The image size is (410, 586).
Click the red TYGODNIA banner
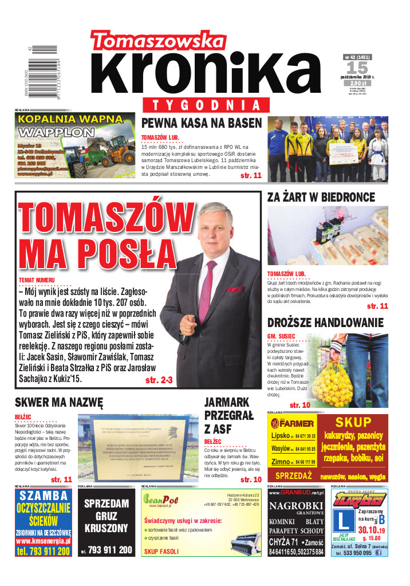[203, 105]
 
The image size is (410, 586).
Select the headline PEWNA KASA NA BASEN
[201, 123]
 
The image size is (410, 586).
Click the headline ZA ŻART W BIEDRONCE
[321, 197]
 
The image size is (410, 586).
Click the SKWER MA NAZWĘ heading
[58, 402]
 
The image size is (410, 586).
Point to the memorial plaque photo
[136, 449]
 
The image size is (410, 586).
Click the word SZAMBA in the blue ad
[44, 495]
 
